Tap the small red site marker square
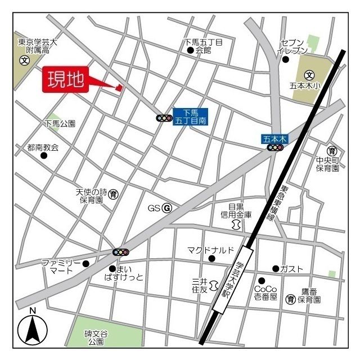point(119,87)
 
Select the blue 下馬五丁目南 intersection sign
point(190,116)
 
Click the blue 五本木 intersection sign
point(275,138)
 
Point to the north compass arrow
point(33,330)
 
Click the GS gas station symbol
point(166,208)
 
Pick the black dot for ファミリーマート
point(85,263)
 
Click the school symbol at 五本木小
point(309,75)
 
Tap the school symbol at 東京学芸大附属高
point(24,61)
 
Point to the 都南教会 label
point(43,147)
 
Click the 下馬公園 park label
point(60,123)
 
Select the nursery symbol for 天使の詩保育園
point(114,194)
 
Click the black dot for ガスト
point(276,268)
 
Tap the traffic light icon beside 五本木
point(275,147)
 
